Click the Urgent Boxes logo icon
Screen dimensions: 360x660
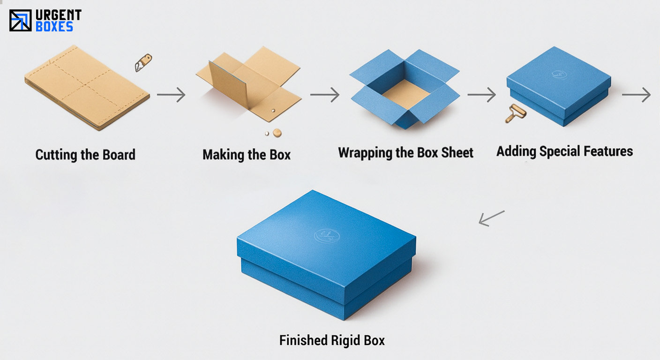(20, 21)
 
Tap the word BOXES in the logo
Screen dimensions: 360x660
(54, 27)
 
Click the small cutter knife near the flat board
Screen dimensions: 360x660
(143, 62)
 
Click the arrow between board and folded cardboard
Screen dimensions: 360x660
(171, 95)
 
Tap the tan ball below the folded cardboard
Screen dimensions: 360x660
(277, 133)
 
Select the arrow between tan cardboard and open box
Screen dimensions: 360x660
(324, 95)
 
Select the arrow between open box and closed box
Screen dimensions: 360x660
(481, 95)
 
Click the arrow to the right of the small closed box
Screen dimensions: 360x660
(637, 95)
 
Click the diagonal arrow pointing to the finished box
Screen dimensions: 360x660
(491, 218)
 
